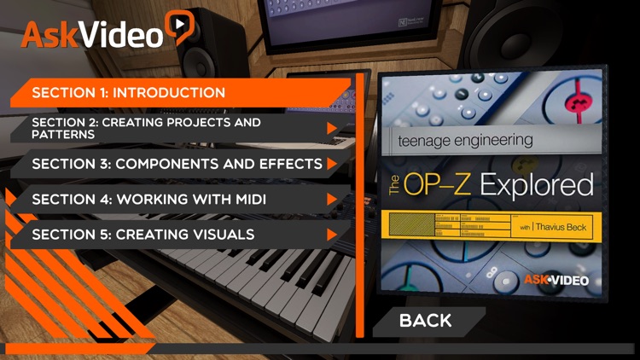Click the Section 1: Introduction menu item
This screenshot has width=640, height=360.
click(x=128, y=92)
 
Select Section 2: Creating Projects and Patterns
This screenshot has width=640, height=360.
click(x=146, y=129)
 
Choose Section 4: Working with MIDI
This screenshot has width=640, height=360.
click(x=148, y=199)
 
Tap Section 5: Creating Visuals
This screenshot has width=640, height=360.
click(x=143, y=234)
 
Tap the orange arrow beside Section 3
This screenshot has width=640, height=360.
click(x=333, y=163)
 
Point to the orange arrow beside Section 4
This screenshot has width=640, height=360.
click(x=333, y=199)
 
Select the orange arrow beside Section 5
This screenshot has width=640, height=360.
click(x=333, y=234)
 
